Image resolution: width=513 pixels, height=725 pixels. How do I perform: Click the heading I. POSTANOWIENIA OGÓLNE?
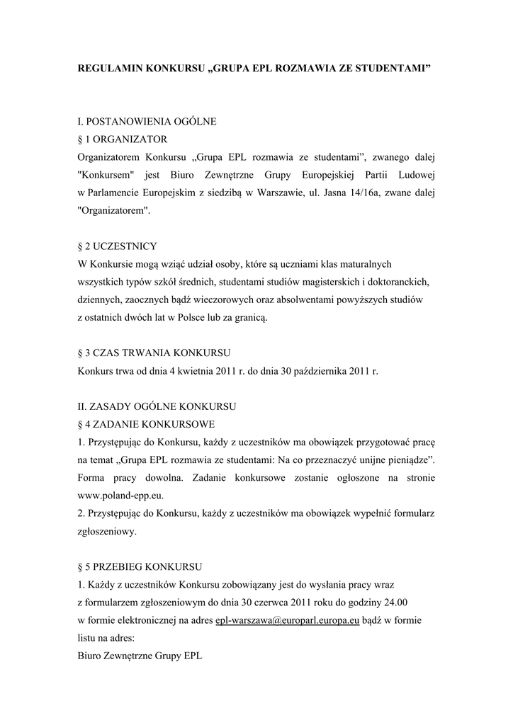(x=147, y=122)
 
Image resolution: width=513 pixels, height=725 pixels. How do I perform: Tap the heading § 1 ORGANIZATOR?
(x=122, y=139)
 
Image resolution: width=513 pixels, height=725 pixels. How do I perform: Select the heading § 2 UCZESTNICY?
(x=117, y=246)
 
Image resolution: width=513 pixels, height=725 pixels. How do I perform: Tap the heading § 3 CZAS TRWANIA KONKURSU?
(x=153, y=353)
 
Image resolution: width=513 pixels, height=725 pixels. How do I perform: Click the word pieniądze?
(x=405, y=460)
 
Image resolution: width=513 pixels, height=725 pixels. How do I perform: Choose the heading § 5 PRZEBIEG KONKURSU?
(x=140, y=567)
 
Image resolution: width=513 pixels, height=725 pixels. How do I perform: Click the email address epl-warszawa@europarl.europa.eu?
(x=287, y=620)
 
